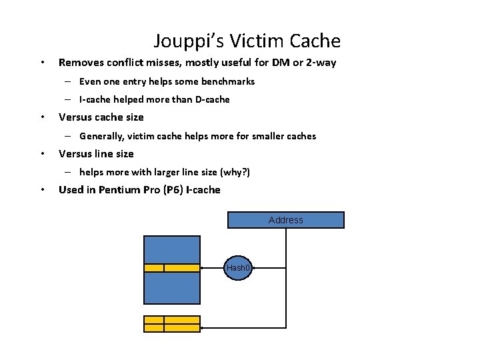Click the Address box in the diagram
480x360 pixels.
286,220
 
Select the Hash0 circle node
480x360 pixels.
238,268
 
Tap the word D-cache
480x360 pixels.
211,99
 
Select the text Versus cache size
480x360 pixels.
101,117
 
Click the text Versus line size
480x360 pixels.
96,154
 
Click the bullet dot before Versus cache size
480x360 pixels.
43,117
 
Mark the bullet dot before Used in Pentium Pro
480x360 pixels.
43,190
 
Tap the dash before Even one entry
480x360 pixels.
69,81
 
